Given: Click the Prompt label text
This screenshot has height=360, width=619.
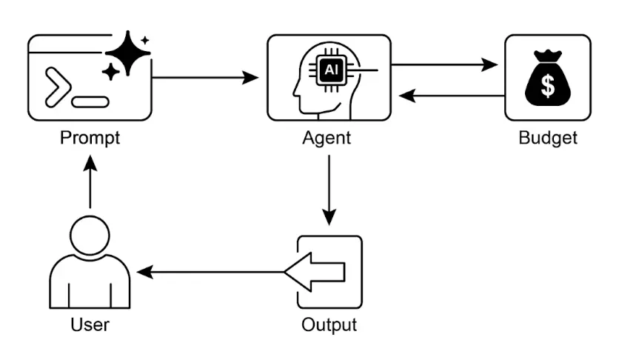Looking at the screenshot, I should click(90, 138).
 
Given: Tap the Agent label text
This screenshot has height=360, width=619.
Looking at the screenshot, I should click(327, 138).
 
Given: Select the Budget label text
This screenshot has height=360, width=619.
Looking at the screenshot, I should click(547, 138).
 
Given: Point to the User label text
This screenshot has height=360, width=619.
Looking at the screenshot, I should click(90, 324).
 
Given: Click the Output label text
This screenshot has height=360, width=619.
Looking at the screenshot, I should click(329, 324).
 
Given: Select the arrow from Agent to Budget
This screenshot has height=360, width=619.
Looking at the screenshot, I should click(444, 64).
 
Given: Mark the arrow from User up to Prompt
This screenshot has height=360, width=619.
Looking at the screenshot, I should click(90, 185).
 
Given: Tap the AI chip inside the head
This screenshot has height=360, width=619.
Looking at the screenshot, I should click(331, 71).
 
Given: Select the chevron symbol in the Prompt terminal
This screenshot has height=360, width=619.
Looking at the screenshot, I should click(56, 86).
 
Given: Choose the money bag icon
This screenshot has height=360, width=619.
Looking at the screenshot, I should click(548, 78).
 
